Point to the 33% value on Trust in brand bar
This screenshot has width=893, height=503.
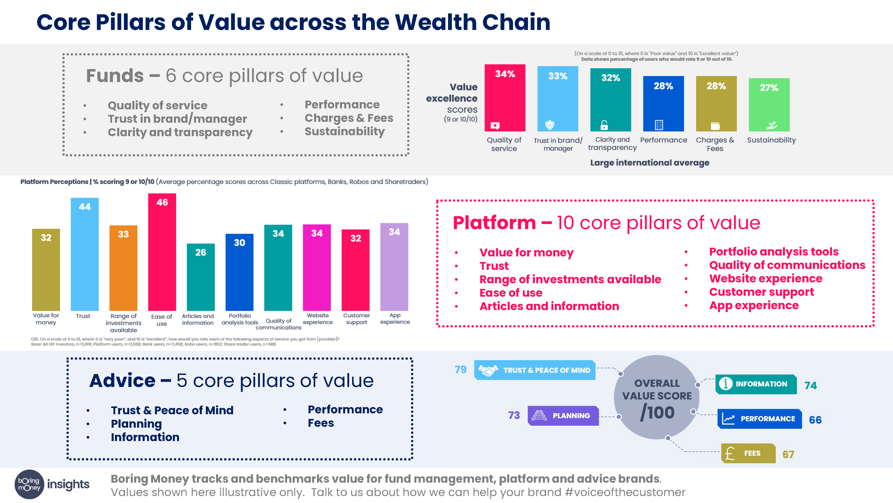tap(557, 76)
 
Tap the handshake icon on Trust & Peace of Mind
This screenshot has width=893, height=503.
tap(488, 370)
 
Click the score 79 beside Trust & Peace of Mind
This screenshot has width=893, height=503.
tap(460, 369)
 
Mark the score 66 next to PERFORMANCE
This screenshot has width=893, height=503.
tap(815, 420)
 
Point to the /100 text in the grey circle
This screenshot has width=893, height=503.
tap(657, 413)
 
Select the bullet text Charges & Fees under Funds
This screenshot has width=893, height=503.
tap(349, 118)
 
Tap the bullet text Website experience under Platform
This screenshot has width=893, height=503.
tap(766, 278)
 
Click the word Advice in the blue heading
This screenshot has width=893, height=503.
tap(122, 381)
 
